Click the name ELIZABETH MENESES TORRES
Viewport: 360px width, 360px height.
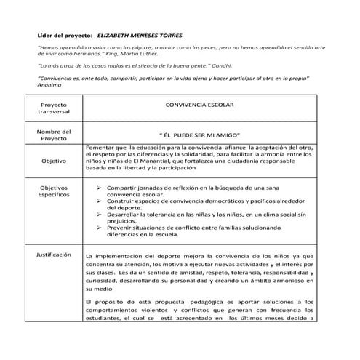click(x=143, y=36)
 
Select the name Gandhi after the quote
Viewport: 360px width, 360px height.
click(x=201, y=66)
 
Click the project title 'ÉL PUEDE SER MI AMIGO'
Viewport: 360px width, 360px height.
click(x=199, y=135)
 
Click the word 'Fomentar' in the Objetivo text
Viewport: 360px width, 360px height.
click(x=100, y=148)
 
